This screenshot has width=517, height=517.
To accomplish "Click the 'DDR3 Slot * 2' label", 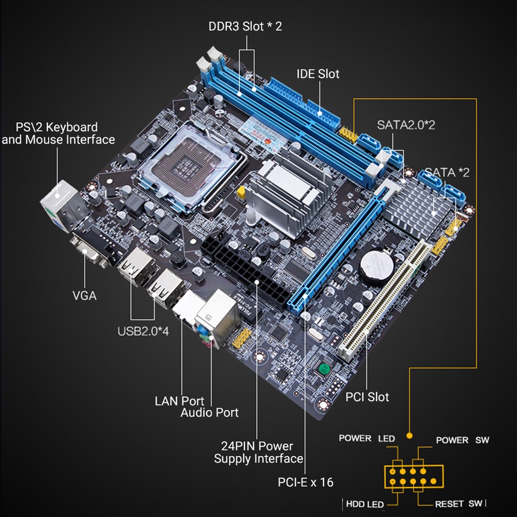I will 245,26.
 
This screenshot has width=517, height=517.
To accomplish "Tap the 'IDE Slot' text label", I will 318,74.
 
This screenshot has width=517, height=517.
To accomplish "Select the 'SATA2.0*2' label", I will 406,124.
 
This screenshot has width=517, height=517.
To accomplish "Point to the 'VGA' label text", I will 85,296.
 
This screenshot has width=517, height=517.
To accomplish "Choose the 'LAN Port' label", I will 179,401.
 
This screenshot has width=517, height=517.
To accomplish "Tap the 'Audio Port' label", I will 209,413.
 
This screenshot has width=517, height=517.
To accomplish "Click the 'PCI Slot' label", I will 367,397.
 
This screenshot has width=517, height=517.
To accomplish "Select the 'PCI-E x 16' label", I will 305,481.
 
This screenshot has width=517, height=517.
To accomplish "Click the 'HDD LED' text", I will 365,504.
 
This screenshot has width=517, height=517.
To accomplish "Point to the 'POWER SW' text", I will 462,440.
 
